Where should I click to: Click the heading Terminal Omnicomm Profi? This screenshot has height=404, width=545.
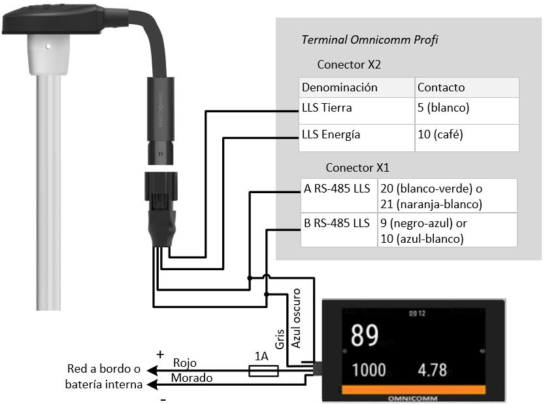pyautogui.click(x=369, y=40)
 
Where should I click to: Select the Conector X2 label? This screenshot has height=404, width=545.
pyautogui.click(x=349, y=65)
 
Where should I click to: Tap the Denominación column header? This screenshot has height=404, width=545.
pyautogui.click(x=340, y=87)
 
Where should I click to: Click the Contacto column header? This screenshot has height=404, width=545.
pyautogui.click(x=441, y=87)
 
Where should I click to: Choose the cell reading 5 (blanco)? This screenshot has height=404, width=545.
pyautogui.click(x=444, y=108)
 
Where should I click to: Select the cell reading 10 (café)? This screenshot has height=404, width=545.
pyautogui.click(x=440, y=134)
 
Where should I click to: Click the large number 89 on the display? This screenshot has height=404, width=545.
pyautogui.click(x=365, y=336)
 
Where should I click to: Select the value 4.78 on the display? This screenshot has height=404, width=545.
pyautogui.click(x=432, y=370)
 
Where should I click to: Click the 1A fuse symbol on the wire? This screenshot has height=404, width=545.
pyautogui.click(x=264, y=371)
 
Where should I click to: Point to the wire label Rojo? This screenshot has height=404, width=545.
pyautogui.click(x=184, y=363)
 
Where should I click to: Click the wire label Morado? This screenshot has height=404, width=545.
pyautogui.click(x=191, y=378)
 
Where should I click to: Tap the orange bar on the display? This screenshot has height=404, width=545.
pyautogui.click(x=413, y=390)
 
